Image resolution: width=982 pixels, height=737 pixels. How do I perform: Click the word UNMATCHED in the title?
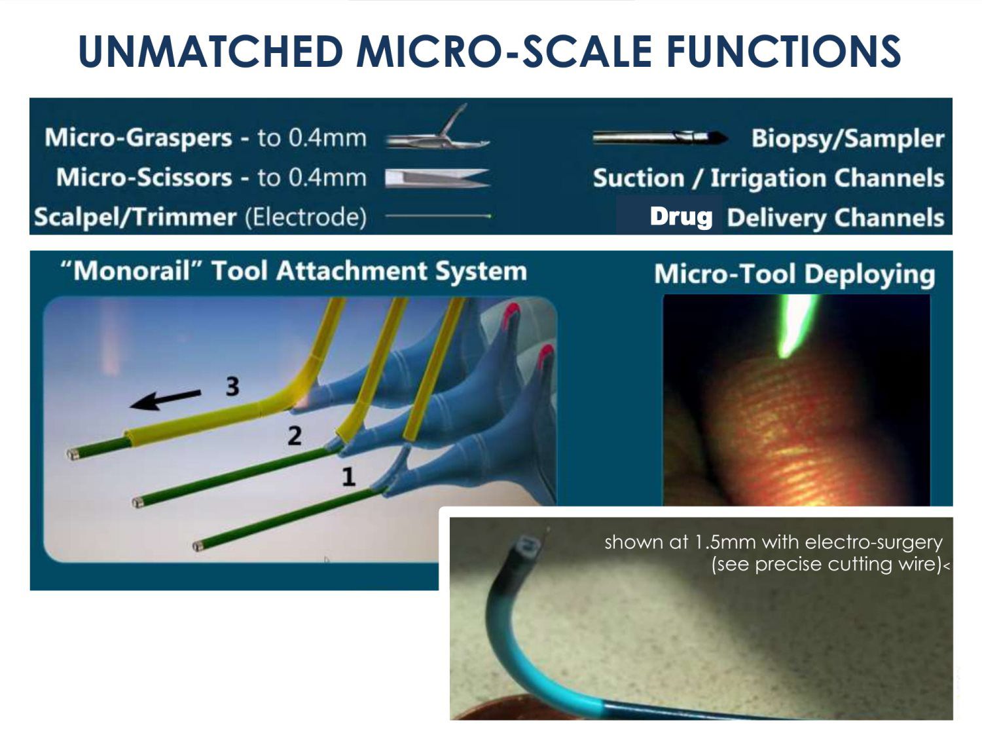pos(211,51)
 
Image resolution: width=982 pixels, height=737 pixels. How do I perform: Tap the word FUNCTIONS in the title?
pos(784,51)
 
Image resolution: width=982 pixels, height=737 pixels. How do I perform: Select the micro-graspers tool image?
pos(437,129)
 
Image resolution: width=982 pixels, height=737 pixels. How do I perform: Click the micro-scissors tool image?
pos(437,178)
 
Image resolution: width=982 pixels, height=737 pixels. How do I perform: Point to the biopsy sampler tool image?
pos(659,138)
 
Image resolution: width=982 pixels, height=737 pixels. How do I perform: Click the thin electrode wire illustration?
pos(439,216)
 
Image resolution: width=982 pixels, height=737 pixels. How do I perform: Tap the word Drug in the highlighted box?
pos(681,217)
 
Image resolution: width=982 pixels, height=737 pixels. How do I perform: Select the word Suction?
pos(638,178)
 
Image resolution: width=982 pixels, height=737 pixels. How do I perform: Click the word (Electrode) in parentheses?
pos(306,217)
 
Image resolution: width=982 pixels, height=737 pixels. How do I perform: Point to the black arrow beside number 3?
pos(165,399)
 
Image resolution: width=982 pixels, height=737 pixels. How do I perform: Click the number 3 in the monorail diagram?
pos(232,386)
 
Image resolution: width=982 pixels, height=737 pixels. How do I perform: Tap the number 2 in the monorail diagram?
pos(295,436)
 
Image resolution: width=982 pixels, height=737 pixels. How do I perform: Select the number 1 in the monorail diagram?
pos(348,477)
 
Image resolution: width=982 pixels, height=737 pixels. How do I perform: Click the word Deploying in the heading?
pos(869,274)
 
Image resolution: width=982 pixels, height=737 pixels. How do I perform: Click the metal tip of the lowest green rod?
pos(197,546)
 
